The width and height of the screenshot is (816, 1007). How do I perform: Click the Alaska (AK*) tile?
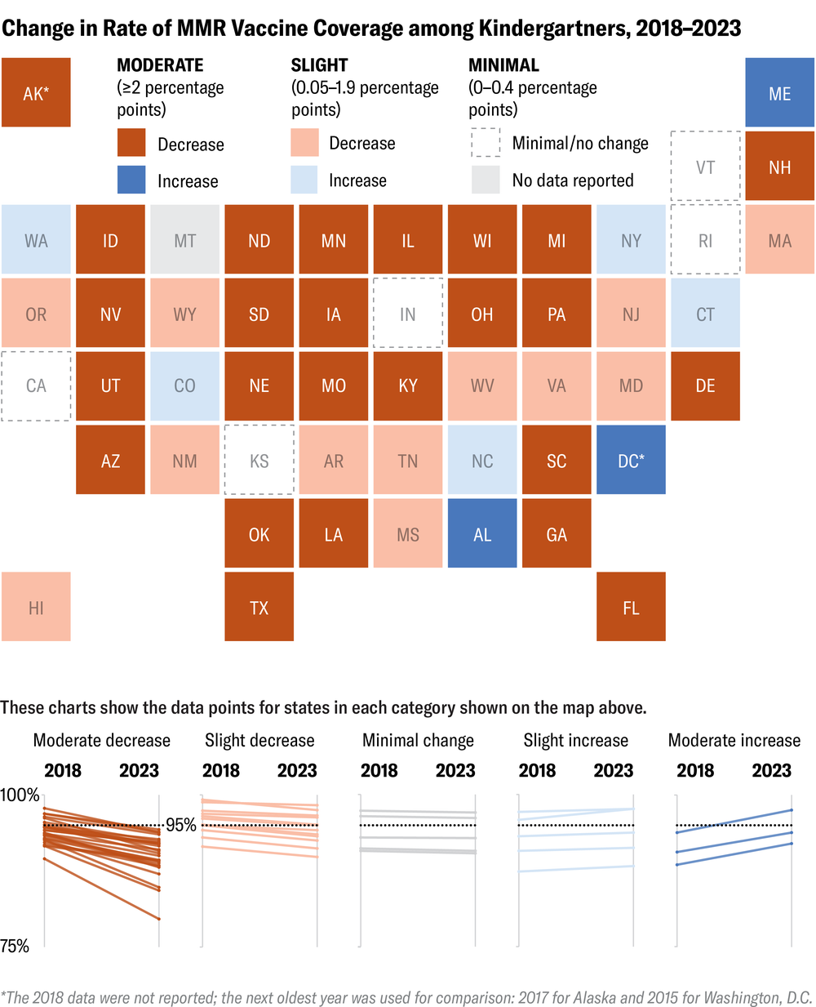(36, 93)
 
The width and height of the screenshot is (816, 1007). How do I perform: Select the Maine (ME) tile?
(779, 93)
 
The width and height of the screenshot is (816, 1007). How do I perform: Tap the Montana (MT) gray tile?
(184, 240)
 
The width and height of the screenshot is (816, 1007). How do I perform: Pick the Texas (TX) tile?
(259, 607)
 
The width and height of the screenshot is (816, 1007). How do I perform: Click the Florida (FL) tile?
(631, 607)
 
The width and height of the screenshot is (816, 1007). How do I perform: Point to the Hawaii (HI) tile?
(36, 607)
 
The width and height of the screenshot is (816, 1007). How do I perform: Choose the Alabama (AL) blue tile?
(482, 534)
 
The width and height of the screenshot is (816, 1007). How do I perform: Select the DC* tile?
(631, 461)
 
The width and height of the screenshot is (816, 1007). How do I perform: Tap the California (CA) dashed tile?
(36, 386)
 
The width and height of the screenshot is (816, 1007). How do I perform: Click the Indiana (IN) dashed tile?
(408, 314)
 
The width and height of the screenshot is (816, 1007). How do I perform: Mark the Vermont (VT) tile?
(705, 167)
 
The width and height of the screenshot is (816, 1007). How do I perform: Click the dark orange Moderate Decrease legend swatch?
(131, 143)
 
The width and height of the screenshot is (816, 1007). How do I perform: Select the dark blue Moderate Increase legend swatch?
(131, 180)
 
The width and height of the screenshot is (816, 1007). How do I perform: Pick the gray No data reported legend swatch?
(486, 180)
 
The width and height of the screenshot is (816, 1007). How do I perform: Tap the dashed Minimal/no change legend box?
(486, 143)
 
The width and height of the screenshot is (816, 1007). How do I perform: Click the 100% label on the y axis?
(20, 795)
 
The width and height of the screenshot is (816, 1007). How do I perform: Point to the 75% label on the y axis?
(15, 946)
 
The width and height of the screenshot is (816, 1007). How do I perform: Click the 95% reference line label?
(181, 825)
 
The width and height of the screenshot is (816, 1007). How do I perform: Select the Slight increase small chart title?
(575, 740)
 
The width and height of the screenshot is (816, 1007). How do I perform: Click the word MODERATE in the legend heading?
(160, 65)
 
